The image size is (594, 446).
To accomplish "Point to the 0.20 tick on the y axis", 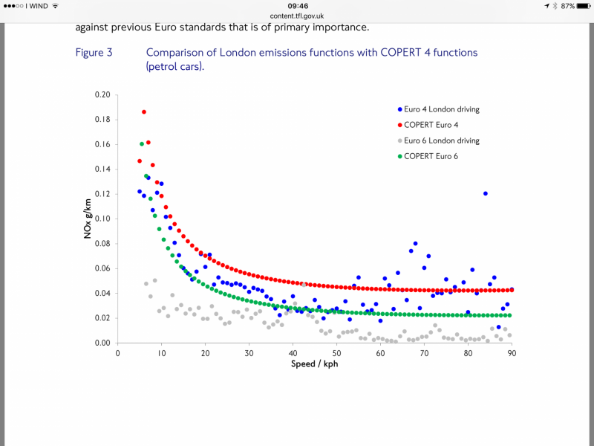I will [102, 95].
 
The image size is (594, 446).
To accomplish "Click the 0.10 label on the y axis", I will [102, 219].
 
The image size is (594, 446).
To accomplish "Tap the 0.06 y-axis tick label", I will [102, 268].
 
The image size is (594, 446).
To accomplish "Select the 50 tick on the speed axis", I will [337, 354].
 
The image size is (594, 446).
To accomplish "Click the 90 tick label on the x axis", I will [512, 354].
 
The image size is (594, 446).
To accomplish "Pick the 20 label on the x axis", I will [206, 354].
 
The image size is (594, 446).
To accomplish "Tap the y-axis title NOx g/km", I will [88, 219].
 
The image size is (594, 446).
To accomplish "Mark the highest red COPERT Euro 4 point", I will [144, 111].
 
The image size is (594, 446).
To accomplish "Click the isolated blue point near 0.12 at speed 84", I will [486, 193].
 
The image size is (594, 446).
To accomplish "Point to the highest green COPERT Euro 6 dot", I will [141, 144].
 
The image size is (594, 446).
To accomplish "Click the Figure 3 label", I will [94, 53].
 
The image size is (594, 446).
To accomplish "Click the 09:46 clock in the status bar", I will [297, 6].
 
